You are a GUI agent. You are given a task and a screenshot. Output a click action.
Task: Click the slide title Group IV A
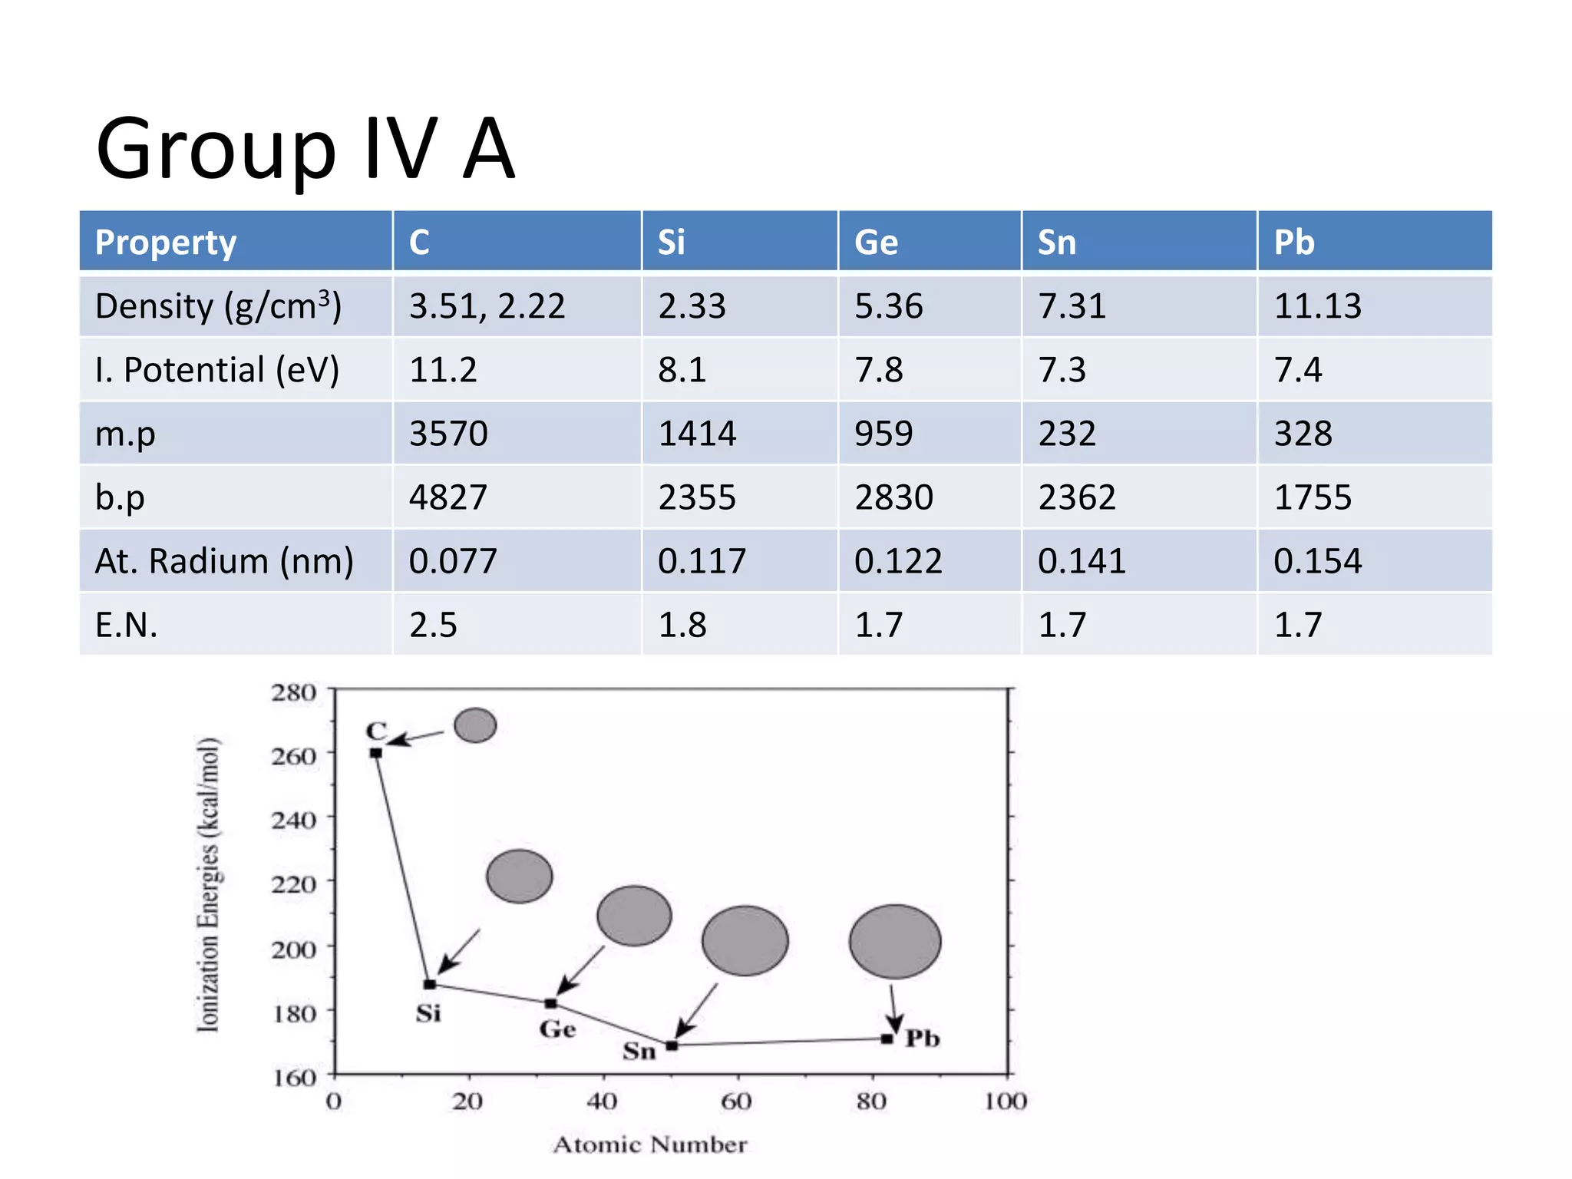[305, 150]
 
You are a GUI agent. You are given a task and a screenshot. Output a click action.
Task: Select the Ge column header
[876, 243]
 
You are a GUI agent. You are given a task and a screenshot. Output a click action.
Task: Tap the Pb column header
[1294, 243]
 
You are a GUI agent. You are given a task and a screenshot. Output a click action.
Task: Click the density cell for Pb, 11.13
[1318, 306]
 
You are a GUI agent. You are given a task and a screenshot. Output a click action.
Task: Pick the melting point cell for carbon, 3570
[448, 434]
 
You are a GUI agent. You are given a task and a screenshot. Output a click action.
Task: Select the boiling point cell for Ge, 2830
[894, 497]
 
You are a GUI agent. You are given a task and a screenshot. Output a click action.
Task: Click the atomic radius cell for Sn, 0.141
[1082, 561]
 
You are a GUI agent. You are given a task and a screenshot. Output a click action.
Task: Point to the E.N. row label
[127, 625]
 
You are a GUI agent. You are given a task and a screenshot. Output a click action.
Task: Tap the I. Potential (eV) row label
[216, 370]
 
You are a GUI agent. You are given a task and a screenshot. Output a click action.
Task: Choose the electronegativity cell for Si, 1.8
[682, 625]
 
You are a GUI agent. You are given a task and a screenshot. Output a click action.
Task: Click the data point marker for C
[376, 753]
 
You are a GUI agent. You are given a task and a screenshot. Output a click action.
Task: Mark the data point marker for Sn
[672, 1045]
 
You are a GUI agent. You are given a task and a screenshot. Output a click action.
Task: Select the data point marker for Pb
[887, 1039]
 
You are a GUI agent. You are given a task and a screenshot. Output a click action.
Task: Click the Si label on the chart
[428, 1014]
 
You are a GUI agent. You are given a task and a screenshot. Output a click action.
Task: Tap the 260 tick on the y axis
[294, 756]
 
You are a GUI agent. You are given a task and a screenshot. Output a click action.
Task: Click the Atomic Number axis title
[649, 1144]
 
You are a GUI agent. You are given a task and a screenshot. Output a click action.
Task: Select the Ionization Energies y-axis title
[208, 884]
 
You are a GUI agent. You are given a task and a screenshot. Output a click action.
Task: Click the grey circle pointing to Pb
[895, 941]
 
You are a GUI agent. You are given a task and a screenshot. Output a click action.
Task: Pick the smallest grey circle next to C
[475, 725]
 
